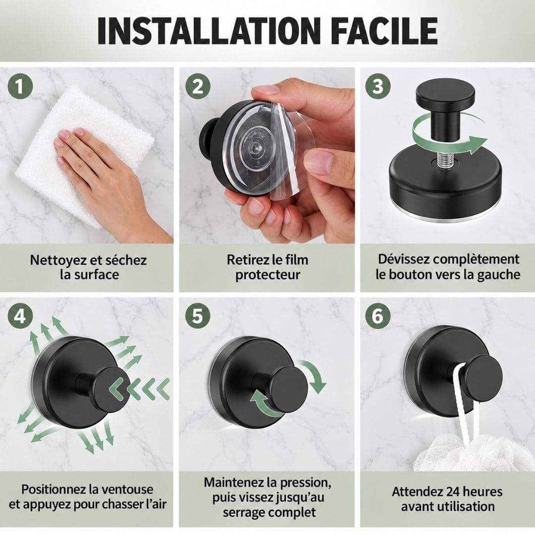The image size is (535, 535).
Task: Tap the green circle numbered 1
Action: [x=20, y=86]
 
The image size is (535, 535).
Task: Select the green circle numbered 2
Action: [x=198, y=86]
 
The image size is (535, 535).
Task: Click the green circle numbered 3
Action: [x=378, y=86]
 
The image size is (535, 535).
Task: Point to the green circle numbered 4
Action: [x=20, y=316]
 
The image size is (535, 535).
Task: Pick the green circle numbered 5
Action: [x=198, y=316]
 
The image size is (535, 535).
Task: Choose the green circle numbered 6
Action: [x=378, y=316]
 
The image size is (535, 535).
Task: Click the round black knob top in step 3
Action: [x=445, y=93]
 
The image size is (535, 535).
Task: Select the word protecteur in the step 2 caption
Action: [x=267, y=275]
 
